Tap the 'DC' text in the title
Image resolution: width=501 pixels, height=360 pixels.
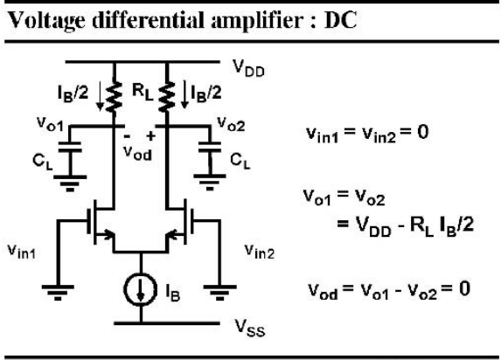(341, 20)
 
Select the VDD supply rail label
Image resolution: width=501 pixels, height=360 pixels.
(248, 68)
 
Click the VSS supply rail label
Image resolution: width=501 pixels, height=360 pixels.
(250, 328)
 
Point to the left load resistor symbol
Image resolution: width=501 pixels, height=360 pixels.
(114, 97)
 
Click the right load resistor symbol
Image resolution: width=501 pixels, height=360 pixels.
(166, 97)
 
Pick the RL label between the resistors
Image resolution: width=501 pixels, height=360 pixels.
(143, 93)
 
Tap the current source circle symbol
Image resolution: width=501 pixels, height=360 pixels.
(140, 290)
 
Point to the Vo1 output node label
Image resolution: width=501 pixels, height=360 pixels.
(50, 124)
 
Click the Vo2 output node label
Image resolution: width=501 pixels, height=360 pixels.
(231, 124)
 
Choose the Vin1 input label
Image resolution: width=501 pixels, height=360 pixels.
(21, 252)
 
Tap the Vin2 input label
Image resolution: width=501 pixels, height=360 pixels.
(260, 251)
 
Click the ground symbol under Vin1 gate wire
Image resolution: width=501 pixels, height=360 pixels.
(58, 293)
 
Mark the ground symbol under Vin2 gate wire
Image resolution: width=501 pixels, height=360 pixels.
(219, 293)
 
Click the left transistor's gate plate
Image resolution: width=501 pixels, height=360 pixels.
(89, 222)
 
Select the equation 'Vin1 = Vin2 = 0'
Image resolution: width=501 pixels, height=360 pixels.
(367, 135)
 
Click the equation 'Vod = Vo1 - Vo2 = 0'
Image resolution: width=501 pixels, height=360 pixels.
(389, 290)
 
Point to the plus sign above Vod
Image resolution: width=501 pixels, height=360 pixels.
(150, 136)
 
